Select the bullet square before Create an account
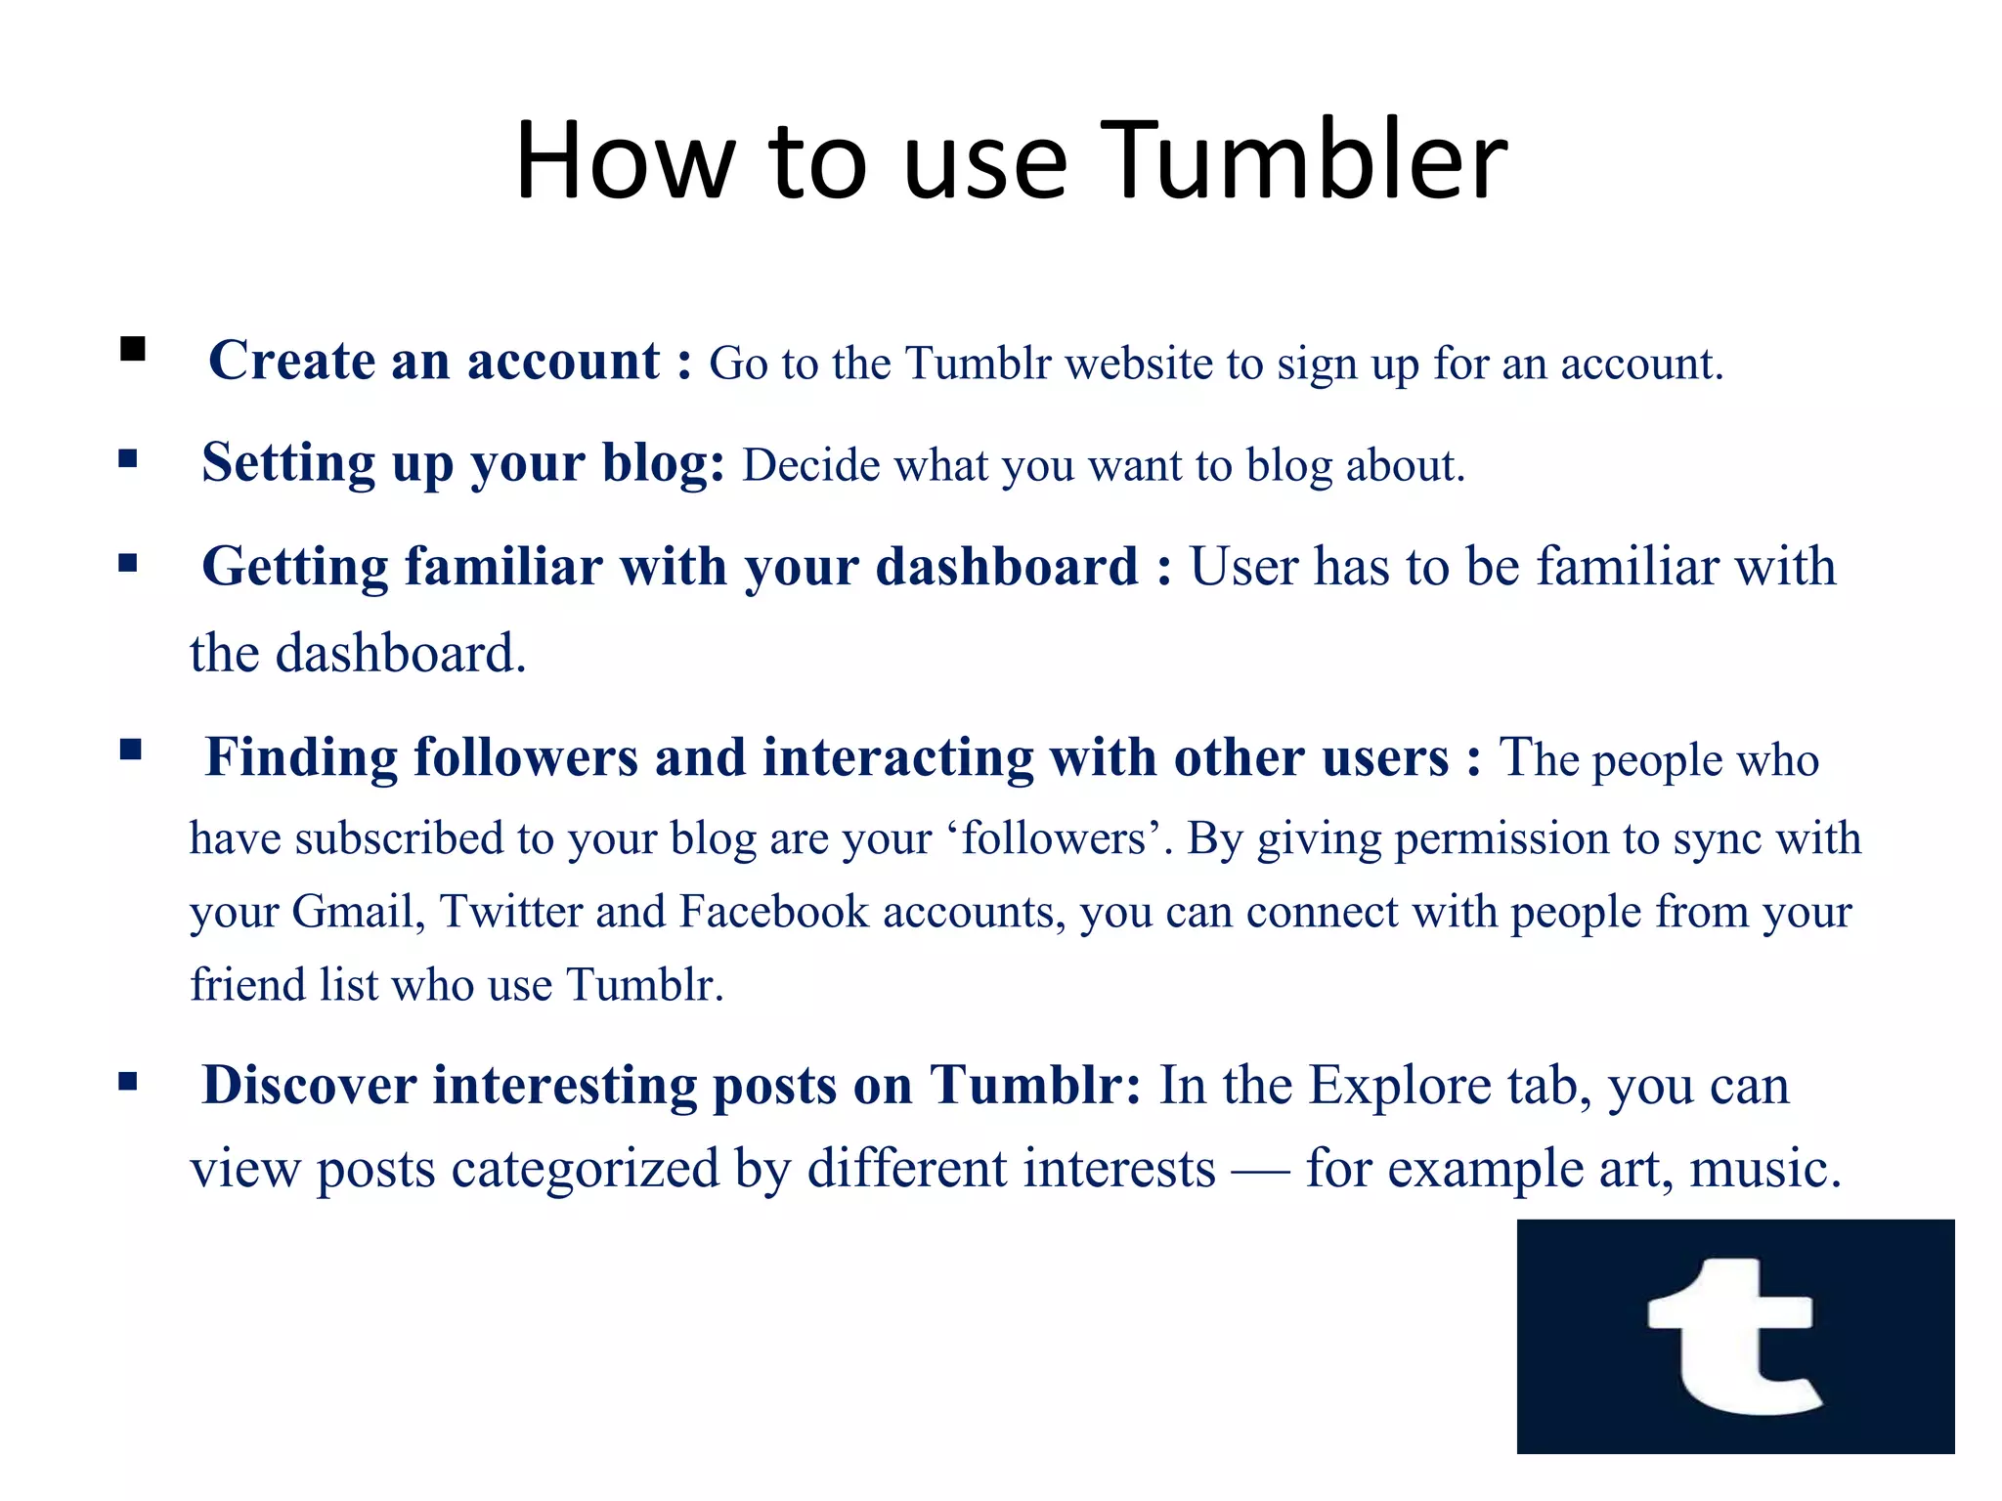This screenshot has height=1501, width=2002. pyautogui.click(x=133, y=349)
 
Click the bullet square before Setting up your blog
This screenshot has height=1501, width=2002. pyautogui.click(x=128, y=458)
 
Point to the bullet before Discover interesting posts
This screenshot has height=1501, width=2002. pyautogui.click(x=128, y=1081)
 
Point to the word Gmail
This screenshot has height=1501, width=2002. pyautogui.click(x=358, y=912)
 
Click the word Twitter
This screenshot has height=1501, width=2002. pyautogui.click(x=511, y=912)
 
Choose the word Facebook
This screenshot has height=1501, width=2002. pyautogui.click(x=773, y=912)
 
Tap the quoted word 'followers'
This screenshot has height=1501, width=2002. pyautogui.click(x=1054, y=838)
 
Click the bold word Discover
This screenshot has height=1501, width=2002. pyautogui.click(x=309, y=1086)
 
